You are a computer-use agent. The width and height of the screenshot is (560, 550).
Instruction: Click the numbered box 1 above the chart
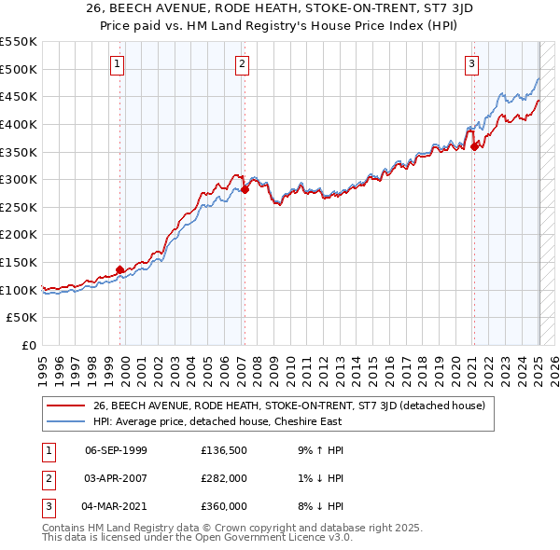pos(117,64)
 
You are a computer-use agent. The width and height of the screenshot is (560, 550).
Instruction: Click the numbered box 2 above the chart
pos(242,64)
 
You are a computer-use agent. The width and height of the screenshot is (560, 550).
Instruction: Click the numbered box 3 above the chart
pos(472,64)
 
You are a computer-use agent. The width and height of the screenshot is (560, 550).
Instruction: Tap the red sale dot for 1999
pos(120,270)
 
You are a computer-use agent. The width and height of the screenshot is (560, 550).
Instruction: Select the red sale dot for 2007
pos(245,189)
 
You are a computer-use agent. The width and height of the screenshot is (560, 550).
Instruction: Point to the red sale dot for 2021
pos(474,145)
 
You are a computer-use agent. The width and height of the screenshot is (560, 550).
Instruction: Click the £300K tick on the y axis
pos(19,179)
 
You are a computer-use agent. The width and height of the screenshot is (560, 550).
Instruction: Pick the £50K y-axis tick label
pos(22,318)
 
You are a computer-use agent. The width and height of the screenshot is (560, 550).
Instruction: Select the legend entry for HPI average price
pos(217,421)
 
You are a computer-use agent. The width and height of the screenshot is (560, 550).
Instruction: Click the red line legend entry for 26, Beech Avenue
pos(288,406)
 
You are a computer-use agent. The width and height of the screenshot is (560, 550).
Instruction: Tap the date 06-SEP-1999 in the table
pos(116,451)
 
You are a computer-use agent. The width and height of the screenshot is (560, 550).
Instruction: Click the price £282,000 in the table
pos(224,478)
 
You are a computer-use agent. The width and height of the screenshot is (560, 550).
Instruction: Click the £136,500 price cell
pos(224,451)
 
